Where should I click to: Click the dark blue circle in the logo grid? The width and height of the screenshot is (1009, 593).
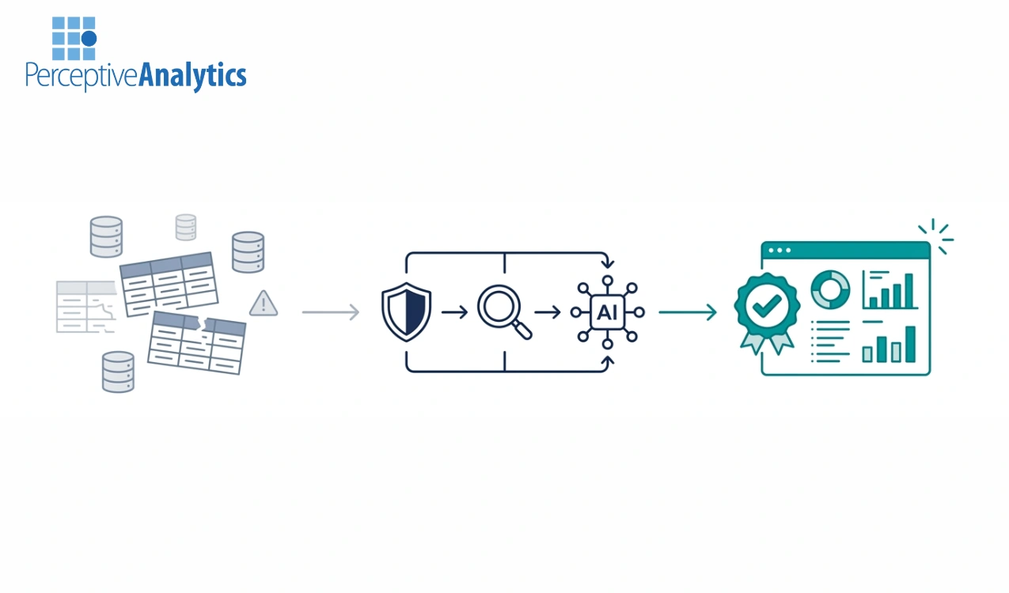coord(89,38)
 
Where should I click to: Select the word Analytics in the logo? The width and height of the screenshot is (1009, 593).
coord(192,76)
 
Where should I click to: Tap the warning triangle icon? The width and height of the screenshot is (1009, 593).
coord(264,303)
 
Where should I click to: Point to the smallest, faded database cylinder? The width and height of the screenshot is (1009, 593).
coord(186,227)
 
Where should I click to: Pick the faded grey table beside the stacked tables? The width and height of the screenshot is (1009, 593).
coord(85,306)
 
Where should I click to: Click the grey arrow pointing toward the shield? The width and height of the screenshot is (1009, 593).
coord(330,312)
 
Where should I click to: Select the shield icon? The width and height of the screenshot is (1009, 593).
coord(406,312)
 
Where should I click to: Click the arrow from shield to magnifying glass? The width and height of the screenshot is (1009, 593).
coord(454,312)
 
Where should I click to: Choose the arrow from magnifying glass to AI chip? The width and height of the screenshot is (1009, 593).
coord(548,312)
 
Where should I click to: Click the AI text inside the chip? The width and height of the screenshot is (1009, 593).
coord(607,312)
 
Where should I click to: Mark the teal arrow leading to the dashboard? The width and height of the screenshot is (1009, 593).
coord(687,312)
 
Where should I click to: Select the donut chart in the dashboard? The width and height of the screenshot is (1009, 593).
coord(829,289)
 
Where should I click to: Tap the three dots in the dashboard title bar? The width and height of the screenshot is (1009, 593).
coord(780,250)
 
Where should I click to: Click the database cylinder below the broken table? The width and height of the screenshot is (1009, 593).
coord(118,372)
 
